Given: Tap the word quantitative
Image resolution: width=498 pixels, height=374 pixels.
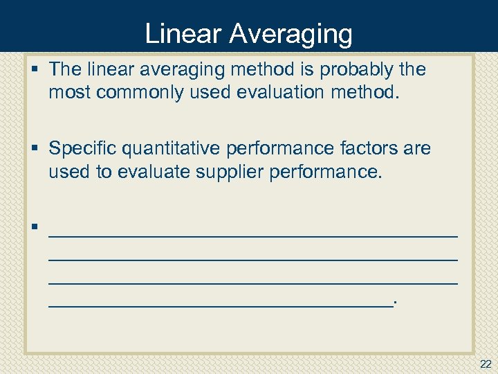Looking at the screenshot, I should tap(177, 148).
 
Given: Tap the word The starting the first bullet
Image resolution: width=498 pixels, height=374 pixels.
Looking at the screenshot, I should tap(65, 69).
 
